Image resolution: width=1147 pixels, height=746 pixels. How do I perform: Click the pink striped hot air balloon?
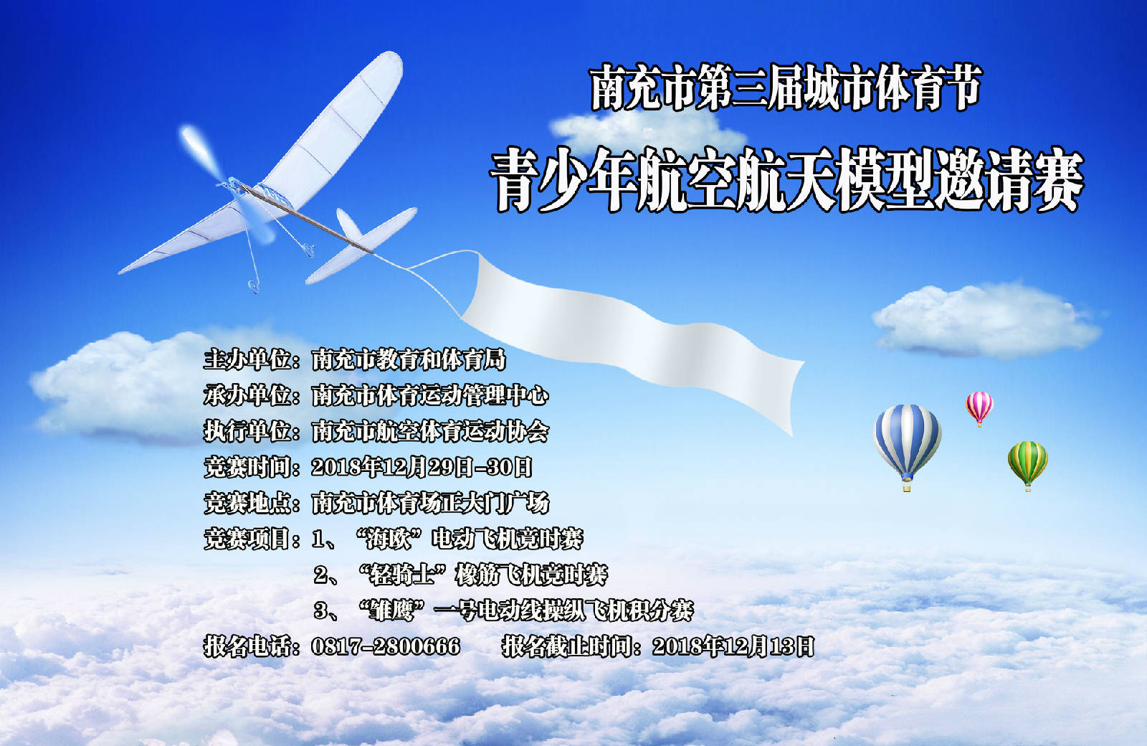(979, 407)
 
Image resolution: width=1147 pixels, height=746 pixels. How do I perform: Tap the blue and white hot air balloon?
(907, 445)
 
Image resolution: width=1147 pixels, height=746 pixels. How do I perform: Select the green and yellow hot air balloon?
(1028, 464)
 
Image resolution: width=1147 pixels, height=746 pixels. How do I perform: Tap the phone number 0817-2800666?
(386, 646)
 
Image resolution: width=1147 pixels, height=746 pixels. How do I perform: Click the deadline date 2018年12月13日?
(733, 646)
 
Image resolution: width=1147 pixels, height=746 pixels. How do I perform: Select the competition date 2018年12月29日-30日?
(422, 467)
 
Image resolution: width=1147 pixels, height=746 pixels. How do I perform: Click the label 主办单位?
(248, 359)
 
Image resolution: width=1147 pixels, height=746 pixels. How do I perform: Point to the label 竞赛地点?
(248, 503)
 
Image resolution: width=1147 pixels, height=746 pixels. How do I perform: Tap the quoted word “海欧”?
(389, 539)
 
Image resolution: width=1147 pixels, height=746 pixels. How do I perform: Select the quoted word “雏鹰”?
(394, 610)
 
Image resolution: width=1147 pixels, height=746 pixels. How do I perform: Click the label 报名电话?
(248, 646)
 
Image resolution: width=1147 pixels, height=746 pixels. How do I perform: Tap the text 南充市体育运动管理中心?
(430, 395)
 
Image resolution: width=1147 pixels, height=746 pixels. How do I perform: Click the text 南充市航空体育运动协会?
(430, 431)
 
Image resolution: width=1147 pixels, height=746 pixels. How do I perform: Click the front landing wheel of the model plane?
(254, 286)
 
